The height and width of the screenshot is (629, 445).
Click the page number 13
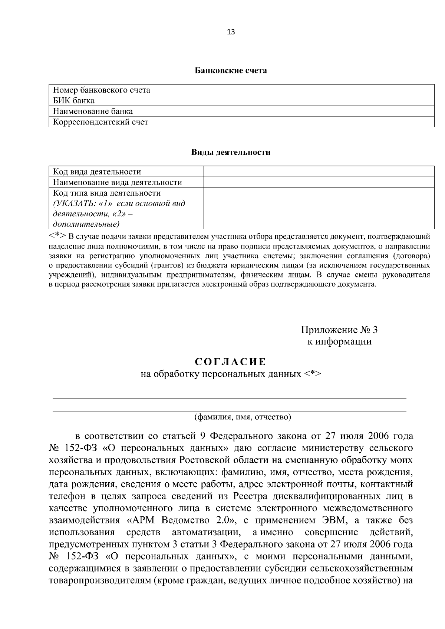231,32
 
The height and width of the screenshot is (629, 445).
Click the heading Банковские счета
231,70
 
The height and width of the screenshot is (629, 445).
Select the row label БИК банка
73,100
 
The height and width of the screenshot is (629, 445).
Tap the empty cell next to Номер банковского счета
325,90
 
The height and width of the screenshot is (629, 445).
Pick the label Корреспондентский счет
100,122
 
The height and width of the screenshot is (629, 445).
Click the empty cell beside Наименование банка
325,111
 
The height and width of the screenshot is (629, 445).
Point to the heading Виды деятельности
231,152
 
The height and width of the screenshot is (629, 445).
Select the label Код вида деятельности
97,172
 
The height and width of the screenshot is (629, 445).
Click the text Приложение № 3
339,330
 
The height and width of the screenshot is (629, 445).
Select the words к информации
339,341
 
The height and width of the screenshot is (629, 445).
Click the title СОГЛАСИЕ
231,361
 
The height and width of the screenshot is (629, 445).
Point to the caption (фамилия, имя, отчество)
243,417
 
